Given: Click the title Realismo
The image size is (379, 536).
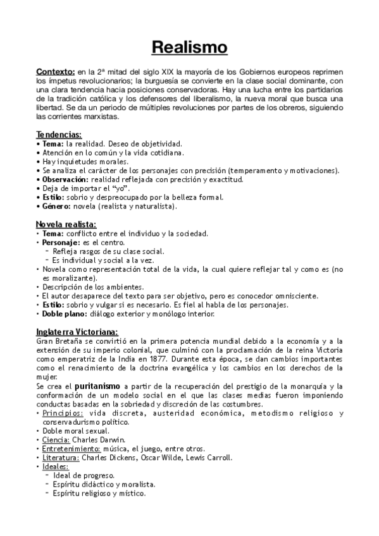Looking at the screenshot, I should tap(189, 47).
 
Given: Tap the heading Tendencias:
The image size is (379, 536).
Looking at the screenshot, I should tap(59, 135).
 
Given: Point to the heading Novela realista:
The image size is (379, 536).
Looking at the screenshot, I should tap(66, 224).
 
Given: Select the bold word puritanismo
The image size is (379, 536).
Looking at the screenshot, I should tap(97, 386).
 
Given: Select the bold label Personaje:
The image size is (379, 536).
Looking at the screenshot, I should tap(63, 242).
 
